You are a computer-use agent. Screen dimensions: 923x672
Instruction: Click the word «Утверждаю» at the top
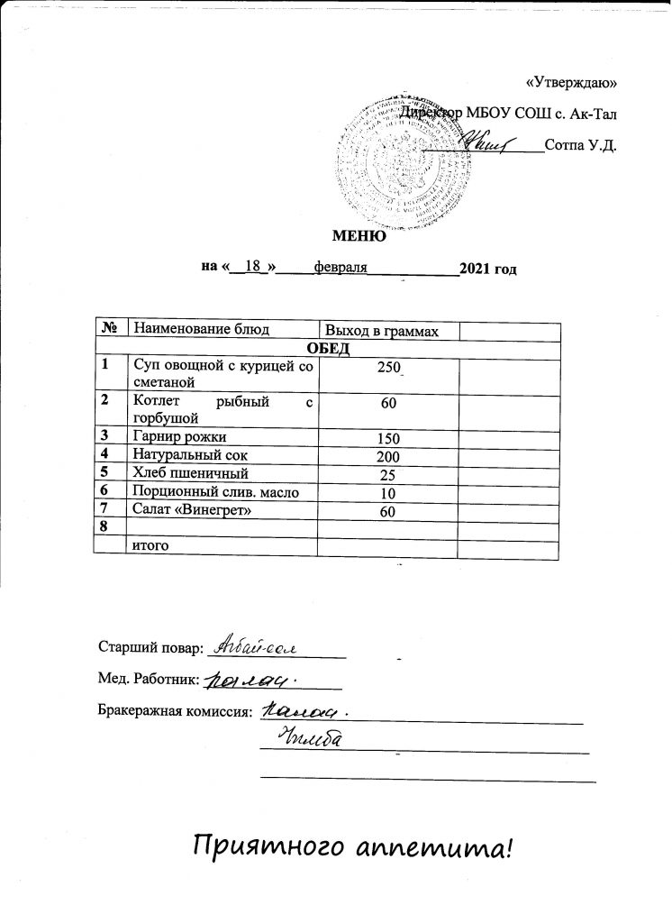(570, 83)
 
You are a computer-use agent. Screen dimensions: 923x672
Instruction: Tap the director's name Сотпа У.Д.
(581, 144)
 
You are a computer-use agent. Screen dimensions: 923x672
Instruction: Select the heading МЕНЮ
(360, 236)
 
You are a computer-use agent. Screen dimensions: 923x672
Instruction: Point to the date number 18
(252, 267)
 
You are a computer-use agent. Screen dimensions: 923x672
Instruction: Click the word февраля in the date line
(340, 268)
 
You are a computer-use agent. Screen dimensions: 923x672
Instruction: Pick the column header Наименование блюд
(201, 331)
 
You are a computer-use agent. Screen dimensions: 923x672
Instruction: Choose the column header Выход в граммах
(381, 332)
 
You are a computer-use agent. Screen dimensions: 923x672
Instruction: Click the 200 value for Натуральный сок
(388, 456)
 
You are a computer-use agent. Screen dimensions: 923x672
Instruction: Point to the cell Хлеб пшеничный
(189, 472)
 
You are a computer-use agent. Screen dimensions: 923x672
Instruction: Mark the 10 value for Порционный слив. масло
(388, 492)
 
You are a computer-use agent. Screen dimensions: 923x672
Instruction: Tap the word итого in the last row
(150, 544)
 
